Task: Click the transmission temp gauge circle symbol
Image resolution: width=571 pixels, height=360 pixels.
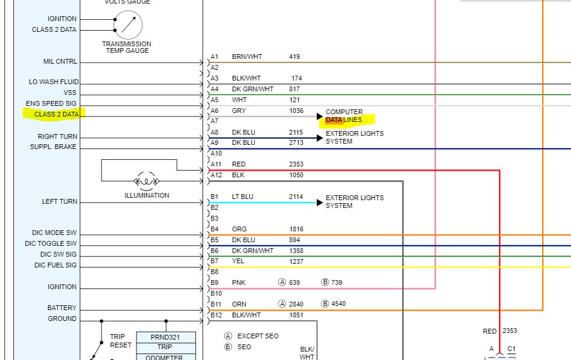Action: [x=128, y=25]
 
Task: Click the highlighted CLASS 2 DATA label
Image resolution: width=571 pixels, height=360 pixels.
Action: [x=55, y=114]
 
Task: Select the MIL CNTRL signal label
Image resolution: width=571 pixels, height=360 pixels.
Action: [x=60, y=62]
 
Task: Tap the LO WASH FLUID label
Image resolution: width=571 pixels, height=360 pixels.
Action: [x=53, y=82]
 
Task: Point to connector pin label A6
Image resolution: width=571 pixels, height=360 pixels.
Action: [x=215, y=111]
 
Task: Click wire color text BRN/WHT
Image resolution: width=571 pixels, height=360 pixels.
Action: [x=246, y=57]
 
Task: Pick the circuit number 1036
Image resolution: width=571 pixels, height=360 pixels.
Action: [x=296, y=111]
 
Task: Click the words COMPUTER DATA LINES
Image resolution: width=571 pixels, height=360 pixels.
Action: [x=345, y=116]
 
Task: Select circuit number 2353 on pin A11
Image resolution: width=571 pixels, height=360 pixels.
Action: [x=296, y=164]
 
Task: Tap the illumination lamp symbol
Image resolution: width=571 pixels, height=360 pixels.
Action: [x=147, y=180]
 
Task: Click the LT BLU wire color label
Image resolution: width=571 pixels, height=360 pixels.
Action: [x=243, y=197]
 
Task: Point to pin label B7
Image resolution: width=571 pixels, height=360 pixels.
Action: [x=215, y=261]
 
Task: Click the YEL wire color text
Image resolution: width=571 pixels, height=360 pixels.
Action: [x=238, y=261]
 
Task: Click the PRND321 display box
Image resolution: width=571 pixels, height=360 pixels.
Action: [x=166, y=337]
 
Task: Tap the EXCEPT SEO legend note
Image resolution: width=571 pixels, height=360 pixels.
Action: [x=258, y=336]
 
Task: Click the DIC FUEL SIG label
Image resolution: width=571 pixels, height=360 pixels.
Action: [x=55, y=265]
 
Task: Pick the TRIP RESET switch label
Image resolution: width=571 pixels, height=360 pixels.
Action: [x=120, y=341]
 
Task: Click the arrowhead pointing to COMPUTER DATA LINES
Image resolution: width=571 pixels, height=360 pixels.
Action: [x=320, y=116]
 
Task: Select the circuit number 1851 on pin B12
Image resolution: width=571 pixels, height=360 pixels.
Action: [x=296, y=315]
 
